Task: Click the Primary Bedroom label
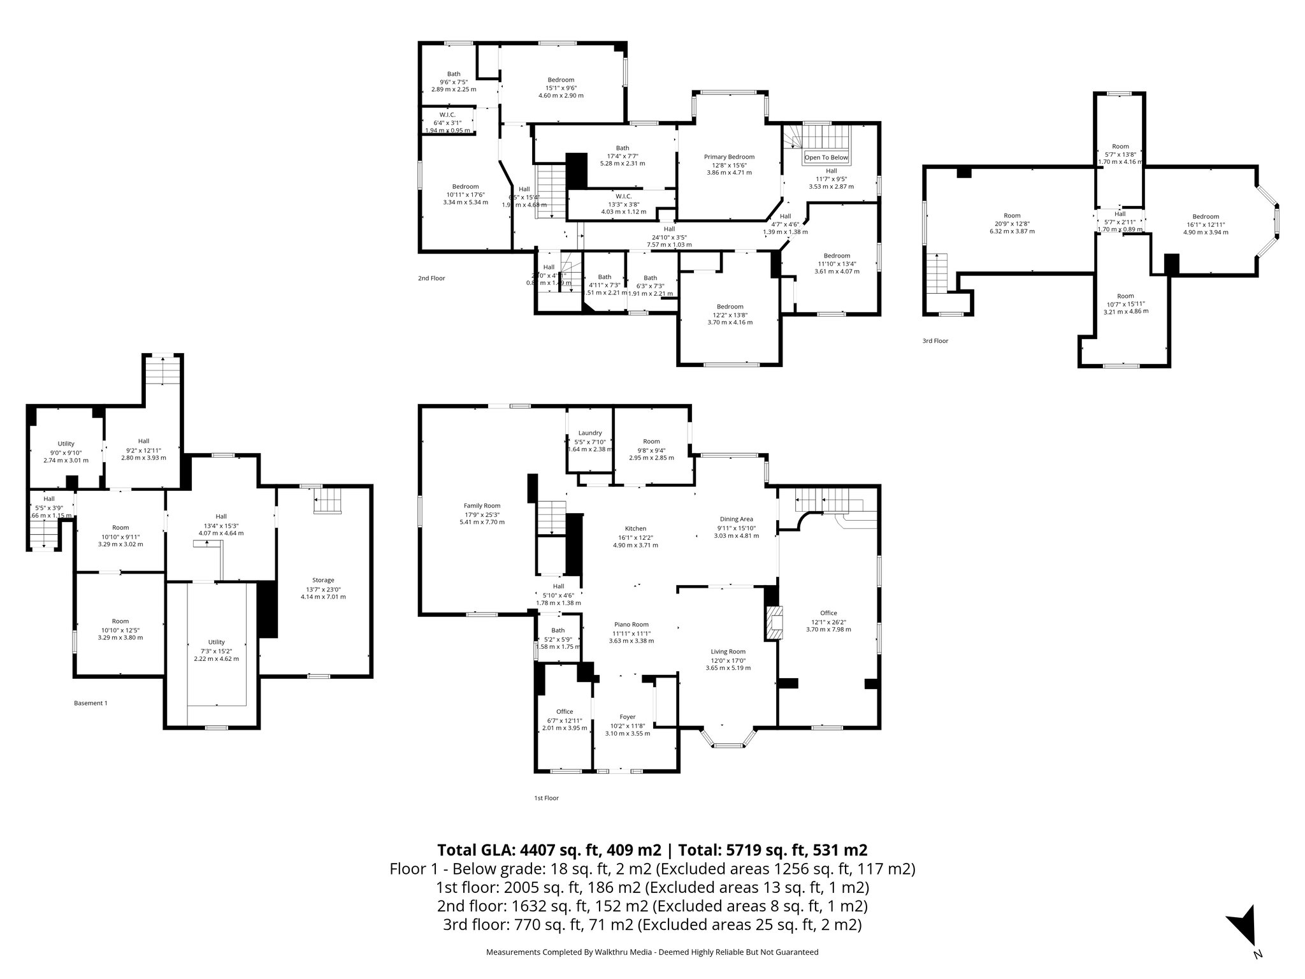[x=729, y=157]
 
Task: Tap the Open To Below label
[x=826, y=157]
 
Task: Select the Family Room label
[x=482, y=505]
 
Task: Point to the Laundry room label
[x=590, y=433]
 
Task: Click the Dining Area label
[x=737, y=519]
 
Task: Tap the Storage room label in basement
[x=323, y=580]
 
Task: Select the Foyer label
[x=628, y=717]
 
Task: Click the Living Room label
[x=728, y=651]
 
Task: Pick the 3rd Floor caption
[x=935, y=341]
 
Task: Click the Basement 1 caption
[x=90, y=703]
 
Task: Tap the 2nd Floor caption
[x=431, y=278]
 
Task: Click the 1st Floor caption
[x=546, y=797]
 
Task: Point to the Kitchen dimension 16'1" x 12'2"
[x=635, y=537]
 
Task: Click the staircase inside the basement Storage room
[x=329, y=500]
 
